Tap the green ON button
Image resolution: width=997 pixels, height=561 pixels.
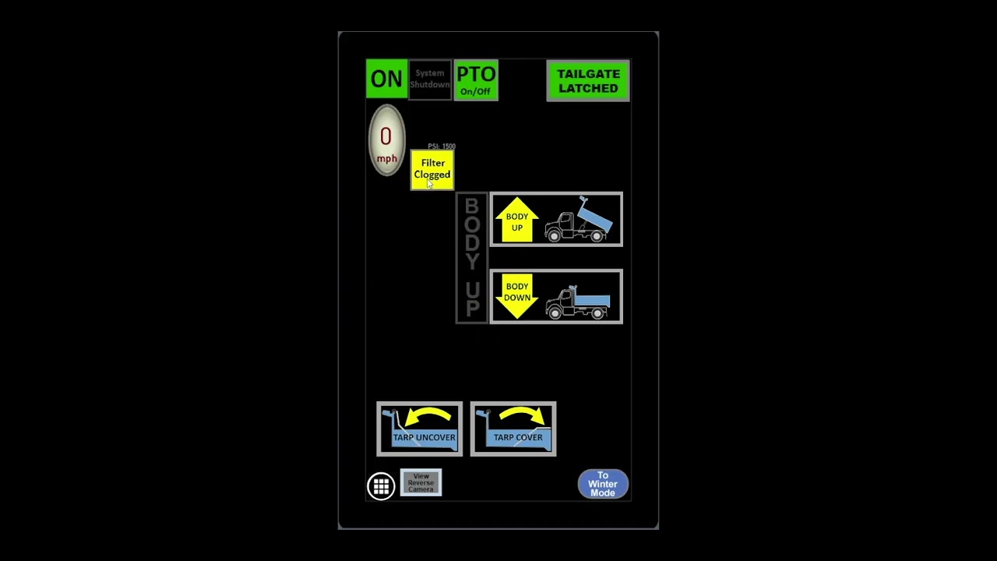click(386, 79)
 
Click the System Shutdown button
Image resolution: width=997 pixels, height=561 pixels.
click(430, 79)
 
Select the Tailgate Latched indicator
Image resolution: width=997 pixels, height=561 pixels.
click(588, 80)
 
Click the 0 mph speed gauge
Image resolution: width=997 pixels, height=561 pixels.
click(386, 140)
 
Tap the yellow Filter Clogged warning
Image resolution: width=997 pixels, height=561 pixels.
click(432, 169)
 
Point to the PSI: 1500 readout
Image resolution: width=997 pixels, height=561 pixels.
click(442, 146)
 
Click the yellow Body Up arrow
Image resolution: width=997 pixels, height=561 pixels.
click(517, 220)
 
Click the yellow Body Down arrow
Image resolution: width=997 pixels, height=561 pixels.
click(517, 295)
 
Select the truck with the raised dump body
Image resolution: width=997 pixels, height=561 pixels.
click(580, 221)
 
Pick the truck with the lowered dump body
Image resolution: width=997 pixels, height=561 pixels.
click(578, 302)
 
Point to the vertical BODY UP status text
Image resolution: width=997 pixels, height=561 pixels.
click(472, 258)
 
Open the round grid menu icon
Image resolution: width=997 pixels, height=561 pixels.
click(381, 486)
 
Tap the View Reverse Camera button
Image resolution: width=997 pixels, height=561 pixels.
click(421, 482)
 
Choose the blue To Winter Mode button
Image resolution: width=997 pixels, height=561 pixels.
click(603, 484)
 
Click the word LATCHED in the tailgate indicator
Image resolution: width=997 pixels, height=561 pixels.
click(588, 88)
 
